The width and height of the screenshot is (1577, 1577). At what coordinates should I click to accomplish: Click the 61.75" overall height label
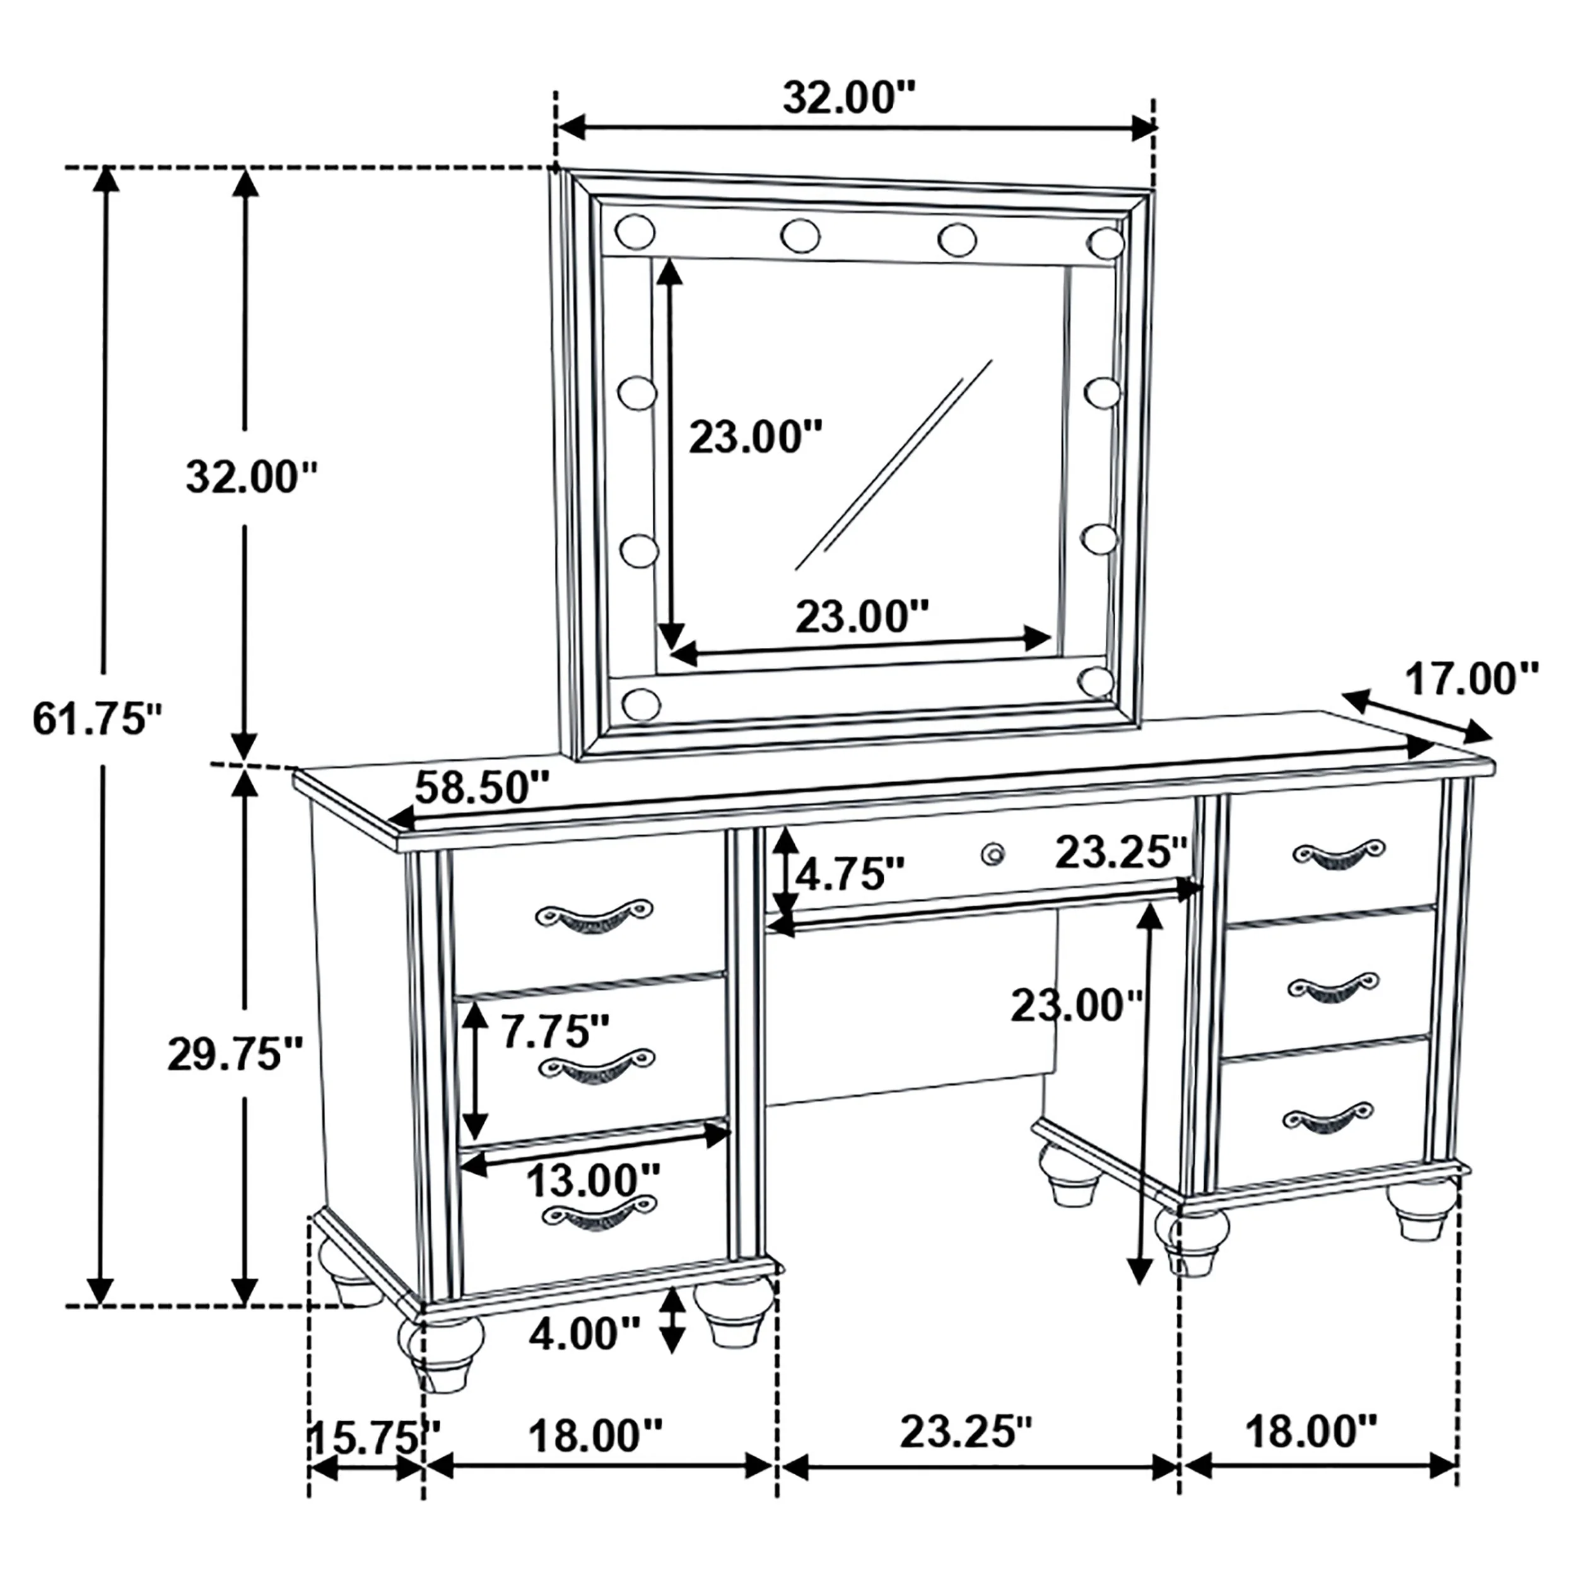pos(97,719)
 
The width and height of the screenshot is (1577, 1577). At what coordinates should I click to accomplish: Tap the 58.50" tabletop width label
pos(481,788)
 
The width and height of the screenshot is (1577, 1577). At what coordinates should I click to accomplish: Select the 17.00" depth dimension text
pos(1471,679)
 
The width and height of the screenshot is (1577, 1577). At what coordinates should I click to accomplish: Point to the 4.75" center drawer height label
pos(850,874)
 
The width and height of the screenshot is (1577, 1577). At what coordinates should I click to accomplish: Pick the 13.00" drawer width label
pos(592,1180)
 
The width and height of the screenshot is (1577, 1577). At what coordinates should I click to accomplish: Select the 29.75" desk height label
pos(235,1055)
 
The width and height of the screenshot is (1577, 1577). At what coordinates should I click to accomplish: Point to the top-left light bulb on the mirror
pos(635,232)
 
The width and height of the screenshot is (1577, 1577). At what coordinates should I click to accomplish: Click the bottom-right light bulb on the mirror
pos(1096,681)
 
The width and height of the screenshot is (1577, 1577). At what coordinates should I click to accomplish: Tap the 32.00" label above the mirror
pos(850,98)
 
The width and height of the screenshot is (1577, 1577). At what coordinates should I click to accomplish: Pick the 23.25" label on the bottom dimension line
pos(966,1432)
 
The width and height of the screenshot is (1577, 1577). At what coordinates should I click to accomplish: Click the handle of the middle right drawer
pos(1333,987)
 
